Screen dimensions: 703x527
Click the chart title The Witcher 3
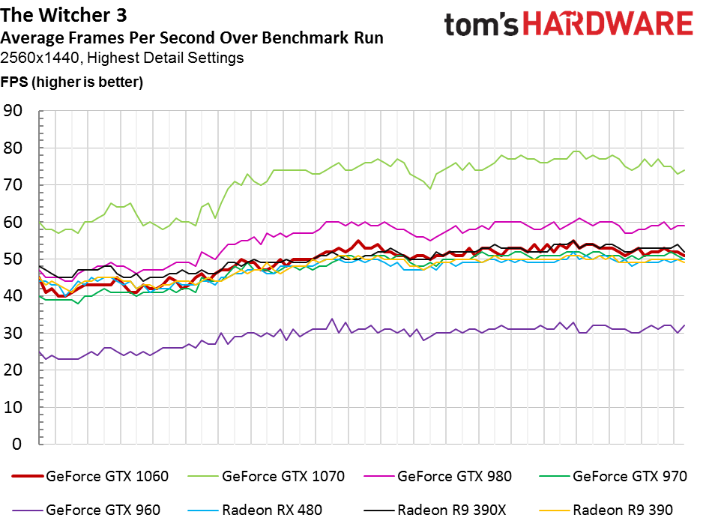pos(64,15)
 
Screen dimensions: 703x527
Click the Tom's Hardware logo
pos(569,24)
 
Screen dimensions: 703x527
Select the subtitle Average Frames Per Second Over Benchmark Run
pos(192,37)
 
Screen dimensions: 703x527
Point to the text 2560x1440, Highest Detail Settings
pos(122,58)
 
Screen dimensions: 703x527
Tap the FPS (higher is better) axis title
pos(72,82)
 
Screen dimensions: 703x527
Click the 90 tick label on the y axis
pos(12,111)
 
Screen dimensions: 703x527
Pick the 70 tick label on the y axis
pos(12,184)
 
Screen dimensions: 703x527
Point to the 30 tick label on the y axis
pos(12,334)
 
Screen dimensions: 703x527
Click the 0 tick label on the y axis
pos(17,444)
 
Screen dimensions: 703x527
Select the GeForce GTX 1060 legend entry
pos(90,476)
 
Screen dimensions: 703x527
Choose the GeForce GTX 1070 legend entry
pos(266,476)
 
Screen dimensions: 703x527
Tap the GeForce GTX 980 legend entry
pos(438,476)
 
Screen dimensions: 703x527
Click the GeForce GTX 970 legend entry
pos(613,476)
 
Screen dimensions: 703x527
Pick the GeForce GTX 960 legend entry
pos(86,510)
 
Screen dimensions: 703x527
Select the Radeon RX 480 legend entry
pos(255,510)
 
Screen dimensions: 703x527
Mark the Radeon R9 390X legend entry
pos(435,510)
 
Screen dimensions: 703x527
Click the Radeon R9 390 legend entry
pos(606,510)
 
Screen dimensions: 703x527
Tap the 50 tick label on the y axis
pos(12,259)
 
